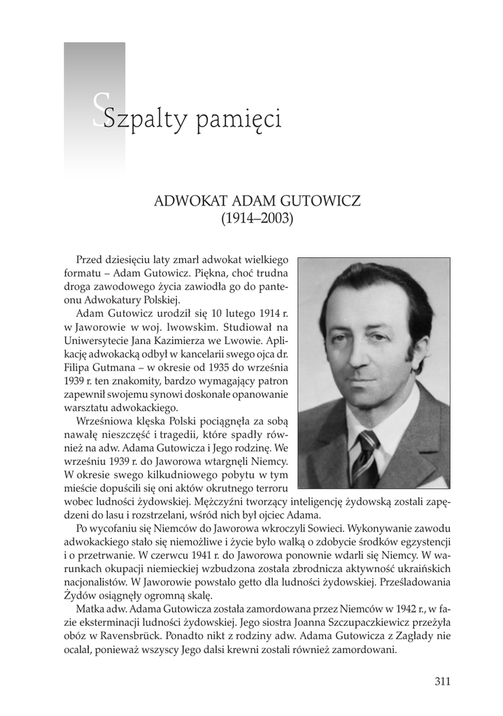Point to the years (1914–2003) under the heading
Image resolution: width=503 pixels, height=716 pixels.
257,218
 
